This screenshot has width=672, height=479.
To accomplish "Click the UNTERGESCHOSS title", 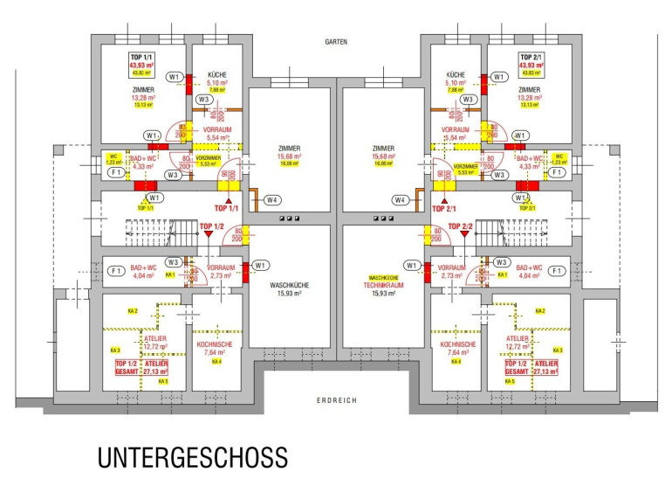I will click(191, 457).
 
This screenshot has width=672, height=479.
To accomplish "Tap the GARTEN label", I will click(336, 41).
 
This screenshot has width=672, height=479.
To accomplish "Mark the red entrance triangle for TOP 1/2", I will click(209, 237).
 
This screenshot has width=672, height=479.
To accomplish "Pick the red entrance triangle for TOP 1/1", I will click(226, 201).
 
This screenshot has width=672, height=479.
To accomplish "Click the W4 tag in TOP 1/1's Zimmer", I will click(273, 200).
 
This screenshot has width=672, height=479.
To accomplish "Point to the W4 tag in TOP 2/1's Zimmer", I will click(400, 200).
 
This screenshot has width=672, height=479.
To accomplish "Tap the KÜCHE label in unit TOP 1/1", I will click(216, 76).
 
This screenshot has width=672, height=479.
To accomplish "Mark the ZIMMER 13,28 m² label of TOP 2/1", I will click(531, 98).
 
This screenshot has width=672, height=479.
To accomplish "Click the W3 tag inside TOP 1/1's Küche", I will click(203, 100).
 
